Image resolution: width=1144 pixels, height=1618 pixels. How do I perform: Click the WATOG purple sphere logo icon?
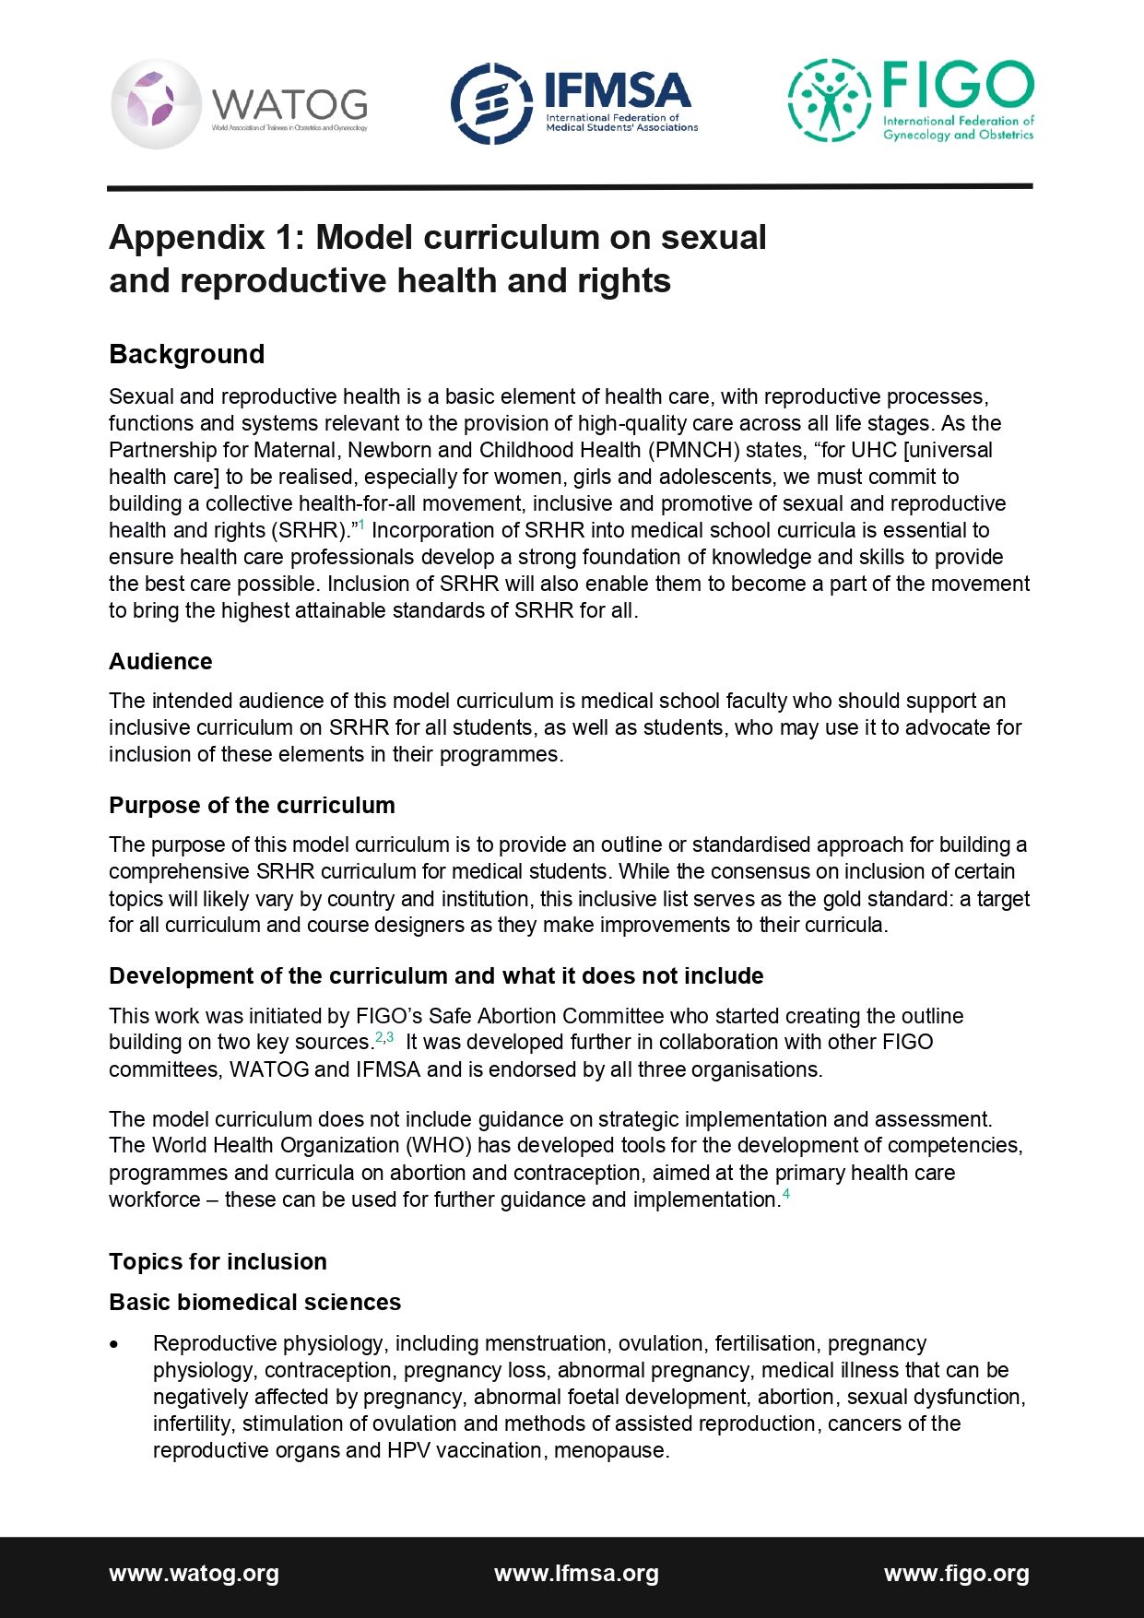pyautogui.click(x=156, y=103)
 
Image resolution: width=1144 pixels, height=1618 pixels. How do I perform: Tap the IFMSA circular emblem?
pyautogui.click(x=491, y=103)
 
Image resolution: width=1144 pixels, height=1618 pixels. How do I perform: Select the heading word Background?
pyautogui.click(x=186, y=354)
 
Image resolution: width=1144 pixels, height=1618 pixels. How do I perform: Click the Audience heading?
pyautogui.click(x=160, y=661)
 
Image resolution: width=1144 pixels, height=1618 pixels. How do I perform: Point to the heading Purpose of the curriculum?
pyautogui.click(x=252, y=805)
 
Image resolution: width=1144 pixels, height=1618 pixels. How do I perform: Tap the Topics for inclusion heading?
pyautogui.click(x=218, y=1261)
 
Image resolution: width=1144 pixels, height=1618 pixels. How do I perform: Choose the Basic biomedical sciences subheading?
pyautogui.click(x=254, y=1302)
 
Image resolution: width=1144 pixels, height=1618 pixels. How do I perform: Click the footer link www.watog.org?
pyautogui.click(x=194, y=1573)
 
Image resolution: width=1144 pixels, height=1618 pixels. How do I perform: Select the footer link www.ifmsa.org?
pyautogui.click(x=576, y=1573)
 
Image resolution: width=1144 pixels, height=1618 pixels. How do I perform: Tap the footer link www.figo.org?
pyautogui.click(x=956, y=1573)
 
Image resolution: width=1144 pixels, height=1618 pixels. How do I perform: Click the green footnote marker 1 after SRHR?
pyautogui.click(x=361, y=526)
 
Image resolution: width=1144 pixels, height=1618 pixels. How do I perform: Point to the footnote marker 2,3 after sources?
pyautogui.click(x=384, y=1037)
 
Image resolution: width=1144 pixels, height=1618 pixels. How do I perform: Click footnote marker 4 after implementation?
pyautogui.click(x=786, y=1195)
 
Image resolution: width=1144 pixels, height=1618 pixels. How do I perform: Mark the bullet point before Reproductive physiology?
pyautogui.click(x=114, y=1344)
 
